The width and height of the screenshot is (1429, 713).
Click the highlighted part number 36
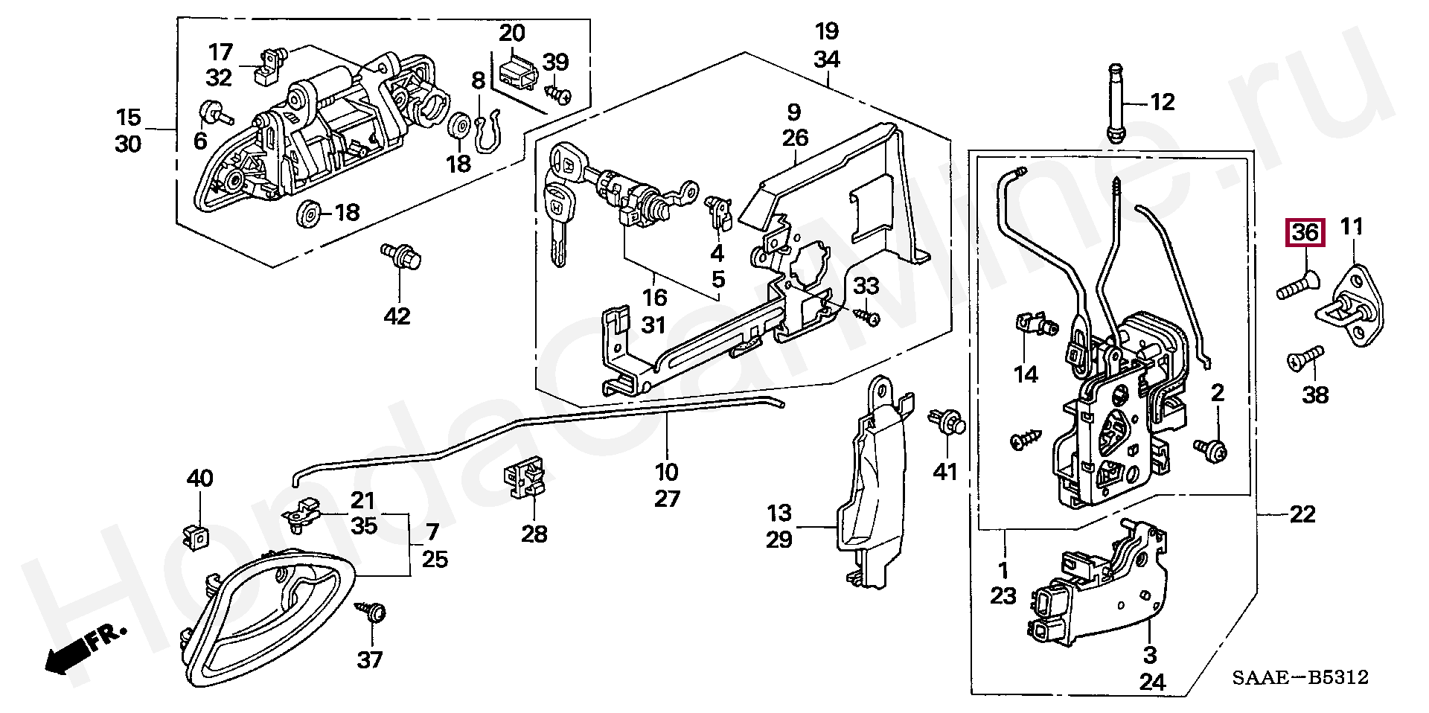(x=1305, y=233)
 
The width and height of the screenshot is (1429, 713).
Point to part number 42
(x=397, y=316)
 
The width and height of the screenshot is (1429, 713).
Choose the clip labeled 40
(x=196, y=536)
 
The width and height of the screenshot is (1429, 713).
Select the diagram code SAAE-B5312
(x=1299, y=677)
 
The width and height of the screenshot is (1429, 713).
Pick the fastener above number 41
(x=946, y=421)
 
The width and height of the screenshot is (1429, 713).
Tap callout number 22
(x=1302, y=514)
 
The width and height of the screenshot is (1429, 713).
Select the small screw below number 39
(x=558, y=94)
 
